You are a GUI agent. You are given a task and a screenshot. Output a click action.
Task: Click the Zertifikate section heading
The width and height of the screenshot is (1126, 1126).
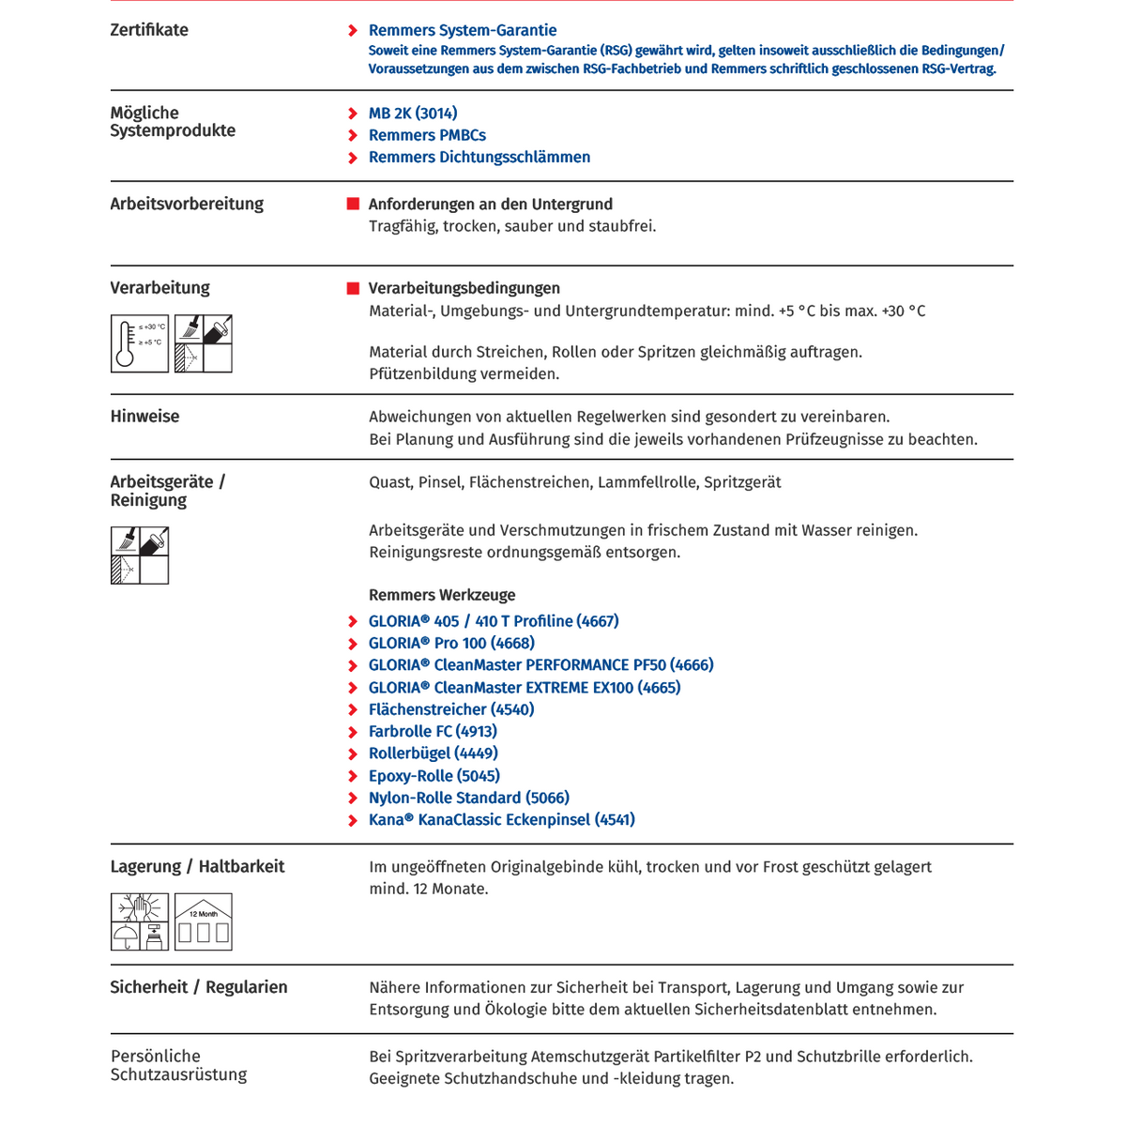click(149, 30)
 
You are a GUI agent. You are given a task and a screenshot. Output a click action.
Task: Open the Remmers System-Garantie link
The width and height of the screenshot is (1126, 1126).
click(462, 31)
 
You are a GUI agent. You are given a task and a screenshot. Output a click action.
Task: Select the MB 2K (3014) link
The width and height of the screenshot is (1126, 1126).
click(413, 114)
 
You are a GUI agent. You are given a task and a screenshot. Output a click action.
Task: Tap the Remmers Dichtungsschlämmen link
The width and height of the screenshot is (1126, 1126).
click(479, 158)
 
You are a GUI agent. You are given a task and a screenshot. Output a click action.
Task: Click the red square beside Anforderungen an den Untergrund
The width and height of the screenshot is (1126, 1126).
click(353, 205)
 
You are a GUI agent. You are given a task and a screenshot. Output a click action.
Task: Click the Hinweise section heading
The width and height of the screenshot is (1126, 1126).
click(145, 417)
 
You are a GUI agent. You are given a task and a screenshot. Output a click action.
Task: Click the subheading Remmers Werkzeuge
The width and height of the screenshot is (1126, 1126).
click(441, 595)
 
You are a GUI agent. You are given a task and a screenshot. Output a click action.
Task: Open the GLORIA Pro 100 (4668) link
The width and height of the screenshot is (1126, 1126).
click(451, 644)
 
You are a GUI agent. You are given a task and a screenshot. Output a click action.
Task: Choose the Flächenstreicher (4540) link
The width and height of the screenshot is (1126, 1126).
click(451, 710)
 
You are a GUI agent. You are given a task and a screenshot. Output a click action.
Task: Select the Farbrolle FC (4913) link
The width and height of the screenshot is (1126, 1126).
click(433, 732)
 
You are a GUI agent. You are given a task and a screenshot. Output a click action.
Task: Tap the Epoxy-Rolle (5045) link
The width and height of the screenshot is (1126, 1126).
click(434, 776)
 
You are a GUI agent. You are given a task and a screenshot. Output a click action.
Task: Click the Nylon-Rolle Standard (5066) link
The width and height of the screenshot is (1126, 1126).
click(468, 799)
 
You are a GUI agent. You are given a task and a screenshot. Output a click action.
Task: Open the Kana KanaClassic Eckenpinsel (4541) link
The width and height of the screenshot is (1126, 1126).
click(501, 820)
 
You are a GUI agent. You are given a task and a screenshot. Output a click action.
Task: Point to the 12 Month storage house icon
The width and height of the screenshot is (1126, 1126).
click(204, 922)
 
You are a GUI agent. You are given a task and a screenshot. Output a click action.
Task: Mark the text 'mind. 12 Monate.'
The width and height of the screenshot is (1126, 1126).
click(428, 890)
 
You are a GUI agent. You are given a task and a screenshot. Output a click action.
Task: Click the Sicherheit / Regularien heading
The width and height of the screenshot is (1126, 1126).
click(199, 987)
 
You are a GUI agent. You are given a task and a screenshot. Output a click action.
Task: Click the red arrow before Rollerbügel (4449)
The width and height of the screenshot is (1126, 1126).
click(353, 754)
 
